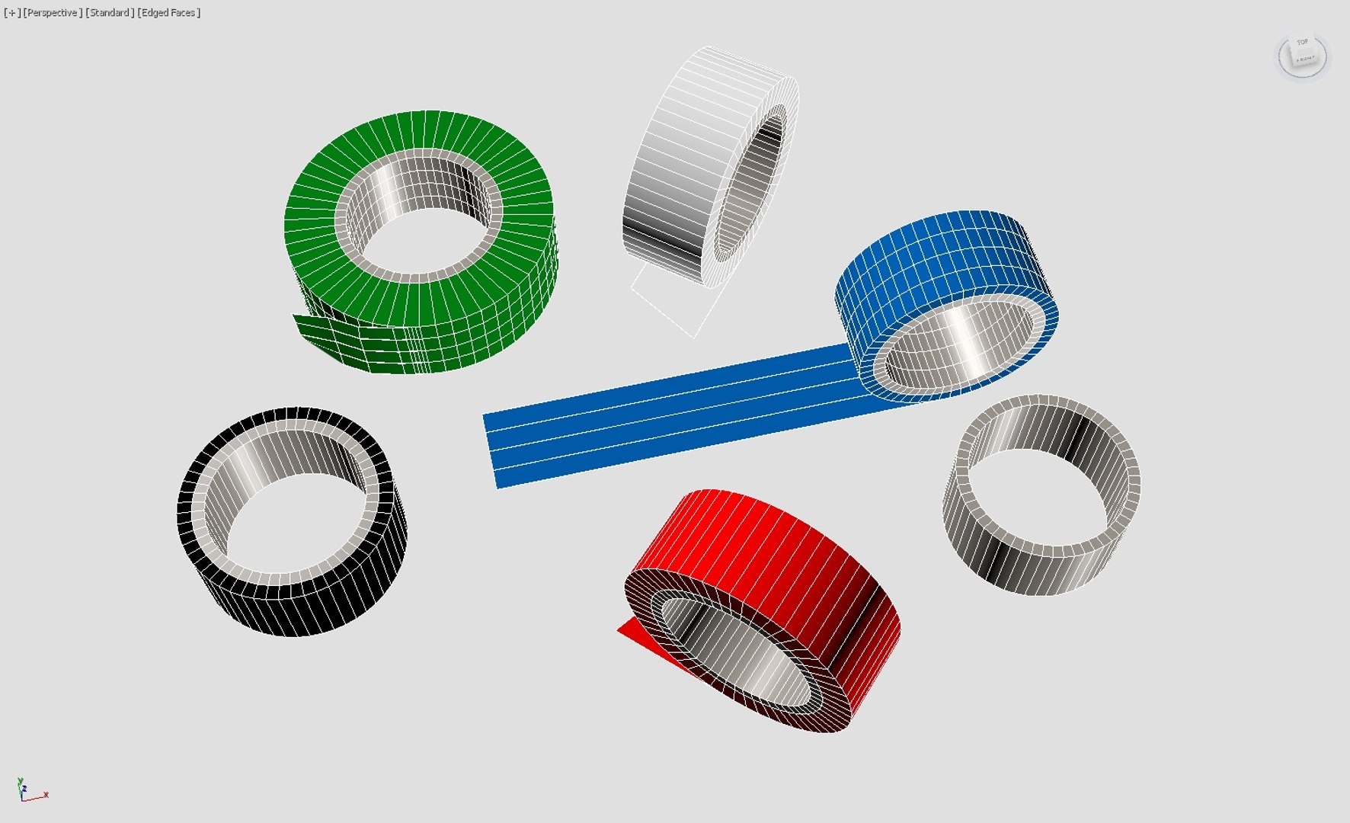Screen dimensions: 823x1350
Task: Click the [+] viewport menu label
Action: [12, 13]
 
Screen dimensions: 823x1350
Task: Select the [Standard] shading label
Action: [110, 13]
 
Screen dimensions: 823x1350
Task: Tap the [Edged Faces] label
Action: [168, 13]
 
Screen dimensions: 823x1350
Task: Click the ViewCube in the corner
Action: [1302, 55]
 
